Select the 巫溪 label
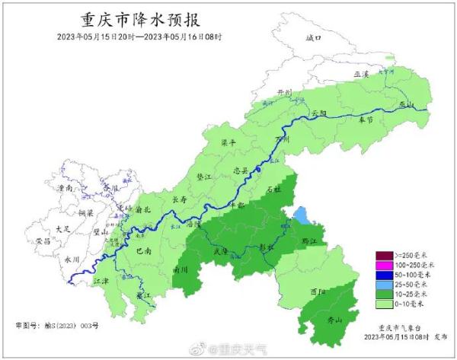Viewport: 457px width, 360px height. [x=360, y=74]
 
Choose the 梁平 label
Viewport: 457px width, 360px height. [x=228, y=142]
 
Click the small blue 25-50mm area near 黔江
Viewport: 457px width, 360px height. [x=302, y=216]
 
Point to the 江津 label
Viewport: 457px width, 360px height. [x=101, y=281]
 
